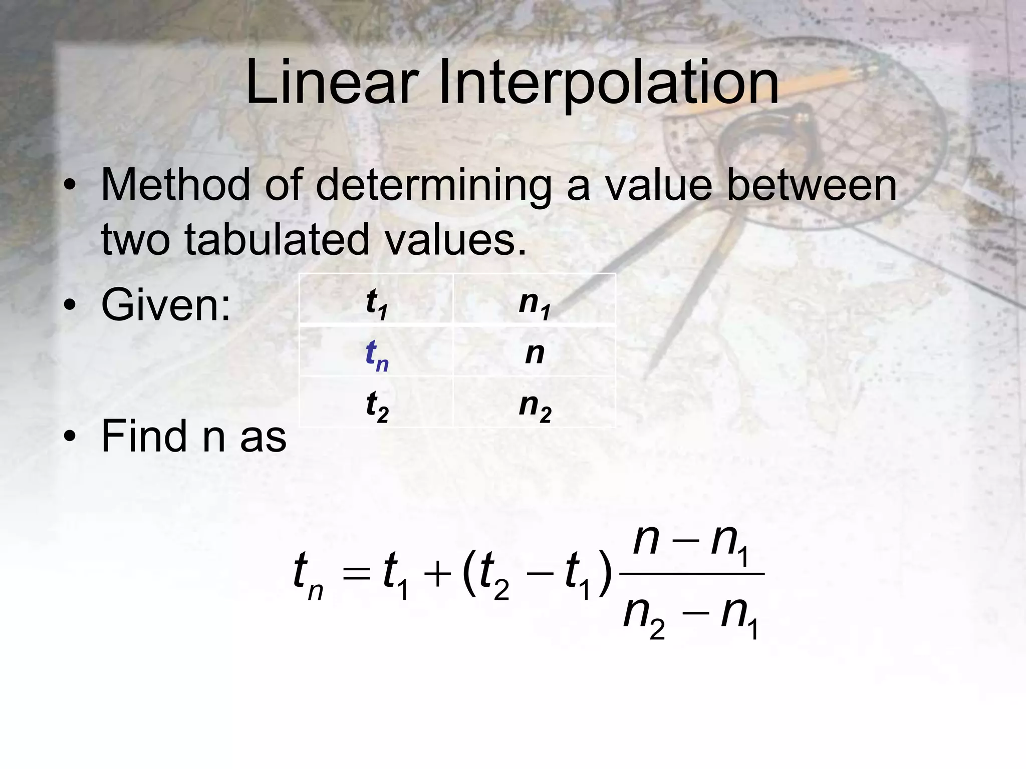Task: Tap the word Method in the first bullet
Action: [175, 185]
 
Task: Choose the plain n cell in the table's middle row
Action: [535, 353]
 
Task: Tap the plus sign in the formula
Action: [437, 574]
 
